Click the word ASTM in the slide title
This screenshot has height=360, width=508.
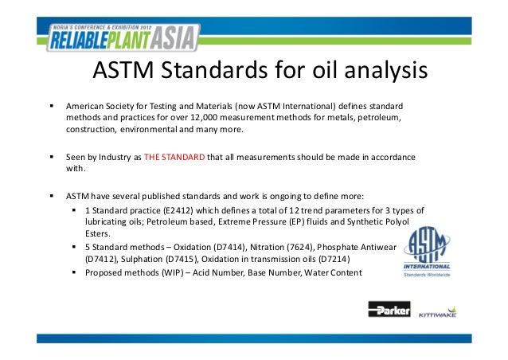(x=124, y=72)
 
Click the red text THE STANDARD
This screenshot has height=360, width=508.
(x=174, y=156)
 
